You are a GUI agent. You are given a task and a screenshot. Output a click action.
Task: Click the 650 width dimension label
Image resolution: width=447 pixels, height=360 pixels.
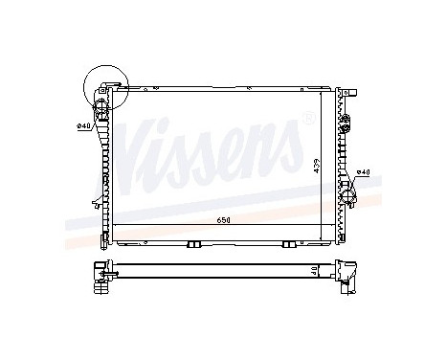[x=224, y=221]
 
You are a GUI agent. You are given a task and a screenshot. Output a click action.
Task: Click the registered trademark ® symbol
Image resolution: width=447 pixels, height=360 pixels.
[x=306, y=119]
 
